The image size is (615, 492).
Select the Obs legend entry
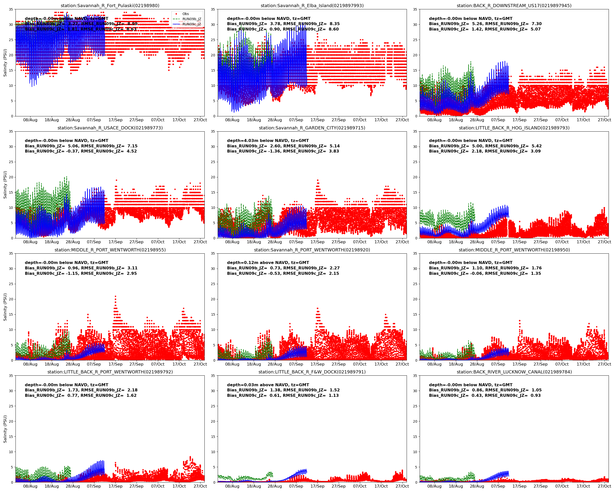pos(185,14)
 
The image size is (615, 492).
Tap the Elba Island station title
pos(312,6)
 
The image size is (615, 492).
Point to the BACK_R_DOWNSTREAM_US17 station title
pos(514,6)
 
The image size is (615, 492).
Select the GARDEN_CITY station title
pos(312,128)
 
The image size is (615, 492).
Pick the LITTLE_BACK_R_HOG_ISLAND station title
pos(514,128)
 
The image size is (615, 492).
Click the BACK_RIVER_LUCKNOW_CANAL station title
pos(514,372)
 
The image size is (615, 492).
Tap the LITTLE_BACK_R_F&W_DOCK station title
pos(312,372)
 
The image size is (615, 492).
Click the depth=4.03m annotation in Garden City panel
pos(268,141)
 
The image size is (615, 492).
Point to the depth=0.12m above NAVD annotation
pos(268,263)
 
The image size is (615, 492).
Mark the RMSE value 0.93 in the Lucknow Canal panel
pos(536,396)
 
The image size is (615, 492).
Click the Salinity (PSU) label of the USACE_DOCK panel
pos(5,184)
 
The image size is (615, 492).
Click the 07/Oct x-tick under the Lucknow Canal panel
pos(562,486)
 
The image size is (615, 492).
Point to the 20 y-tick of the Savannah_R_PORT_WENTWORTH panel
pos(213,299)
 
